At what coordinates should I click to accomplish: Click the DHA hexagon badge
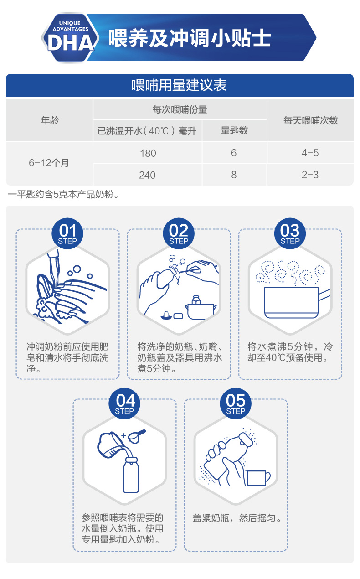click(x=70, y=37)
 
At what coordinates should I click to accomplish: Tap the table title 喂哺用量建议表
click(x=179, y=85)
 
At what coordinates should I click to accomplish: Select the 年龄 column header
click(x=50, y=120)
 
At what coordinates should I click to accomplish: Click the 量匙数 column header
click(x=234, y=130)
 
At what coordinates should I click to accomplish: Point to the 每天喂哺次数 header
click(x=311, y=120)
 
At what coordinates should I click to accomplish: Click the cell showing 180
click(x=148, y=153)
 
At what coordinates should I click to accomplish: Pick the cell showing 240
click(x=147, y=175)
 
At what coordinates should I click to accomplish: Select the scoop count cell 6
click(x=234, y=153)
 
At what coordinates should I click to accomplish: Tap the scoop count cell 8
click(x=234, y=175)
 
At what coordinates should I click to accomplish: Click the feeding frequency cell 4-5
click(x=310, y=153)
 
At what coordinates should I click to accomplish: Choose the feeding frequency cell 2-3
click(x=310, y=175)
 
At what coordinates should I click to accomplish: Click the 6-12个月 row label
click(x=49, y=163)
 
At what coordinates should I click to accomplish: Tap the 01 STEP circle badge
click(x=67, y=233)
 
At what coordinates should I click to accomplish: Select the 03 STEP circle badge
click(x=290, y=233)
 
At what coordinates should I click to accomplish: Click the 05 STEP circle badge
click(x=236, y=403)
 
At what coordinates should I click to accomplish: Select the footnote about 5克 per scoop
click(x=63, y=194)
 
